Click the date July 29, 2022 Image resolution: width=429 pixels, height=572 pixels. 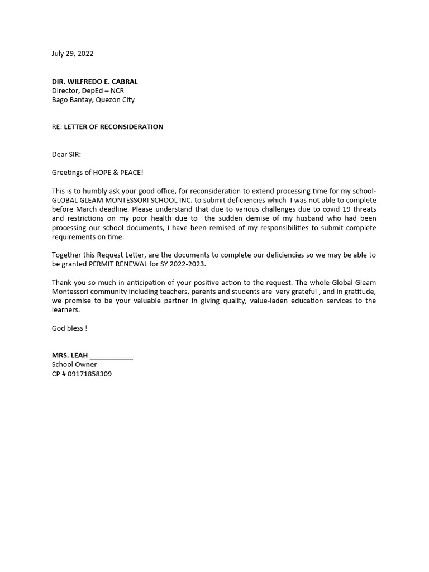[x=73, y=54]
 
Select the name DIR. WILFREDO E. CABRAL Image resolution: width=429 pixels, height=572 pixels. [x=94, y=82]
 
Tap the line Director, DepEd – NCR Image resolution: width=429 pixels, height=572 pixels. [x=88, y=90]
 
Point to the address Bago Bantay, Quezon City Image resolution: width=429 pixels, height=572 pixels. [x=93, y=100]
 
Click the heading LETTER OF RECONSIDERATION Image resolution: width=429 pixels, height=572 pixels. [x=113, y=127]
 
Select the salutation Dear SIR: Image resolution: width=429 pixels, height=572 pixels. [x=66, y=154]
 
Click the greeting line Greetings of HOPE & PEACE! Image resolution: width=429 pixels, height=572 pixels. [x=98, y=173]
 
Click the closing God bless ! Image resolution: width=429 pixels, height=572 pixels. [x=69, y=328]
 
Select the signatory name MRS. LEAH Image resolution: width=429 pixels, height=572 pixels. [x=70, y=355]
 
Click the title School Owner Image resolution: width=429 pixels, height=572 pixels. [x=74, y=364]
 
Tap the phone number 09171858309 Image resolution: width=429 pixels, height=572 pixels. [x=89, y=374]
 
